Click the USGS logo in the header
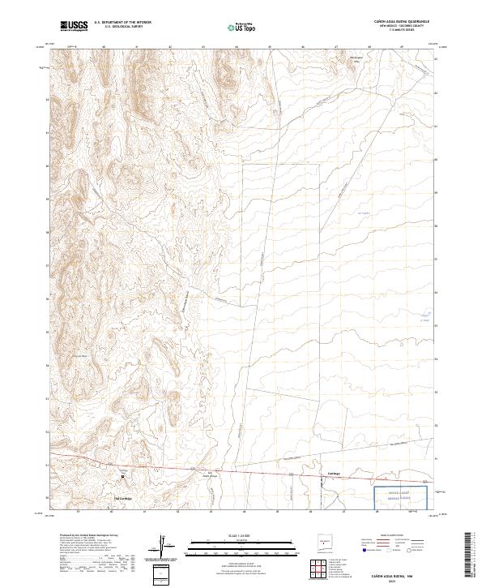(x=74, y=26)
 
